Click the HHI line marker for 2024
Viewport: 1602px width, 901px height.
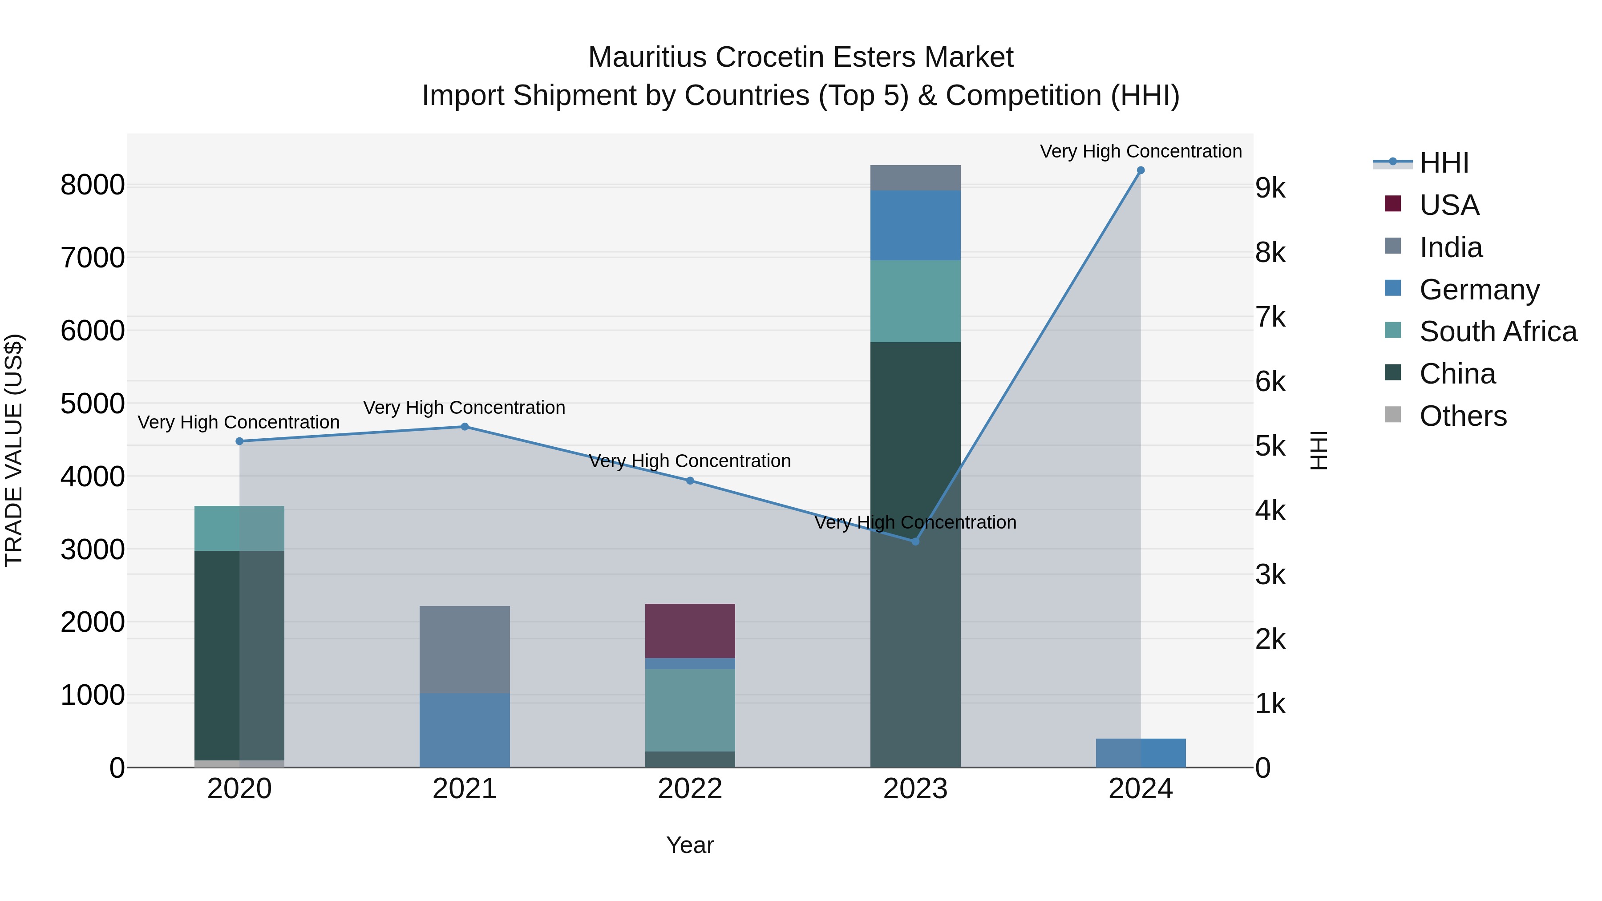pos(1140,170)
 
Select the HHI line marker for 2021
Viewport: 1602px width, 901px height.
pos(465,427)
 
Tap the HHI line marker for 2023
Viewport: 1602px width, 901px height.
pos(915,541)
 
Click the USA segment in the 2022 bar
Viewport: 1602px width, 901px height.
pos(690,630)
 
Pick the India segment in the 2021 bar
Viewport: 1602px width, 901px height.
pos(465,649)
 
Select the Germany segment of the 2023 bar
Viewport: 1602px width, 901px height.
pos(915,225)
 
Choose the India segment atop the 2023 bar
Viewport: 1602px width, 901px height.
pos(915,178)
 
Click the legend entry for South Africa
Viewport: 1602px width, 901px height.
pos(1497,331)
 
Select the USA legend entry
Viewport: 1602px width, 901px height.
pos(1448,205)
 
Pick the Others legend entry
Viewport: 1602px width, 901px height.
pos(1462,416)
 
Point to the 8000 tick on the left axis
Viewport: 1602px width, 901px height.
pos(92,185)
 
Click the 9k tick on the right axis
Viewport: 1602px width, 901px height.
pos(1270,188)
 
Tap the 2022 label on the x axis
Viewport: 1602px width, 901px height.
pos(690,789)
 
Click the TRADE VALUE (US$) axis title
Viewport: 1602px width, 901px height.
pos(14,450)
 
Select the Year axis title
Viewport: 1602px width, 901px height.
pos(690,845)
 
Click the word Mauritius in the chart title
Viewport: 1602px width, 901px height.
pos(647,57)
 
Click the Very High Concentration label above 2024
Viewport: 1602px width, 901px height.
pos(1140,151)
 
